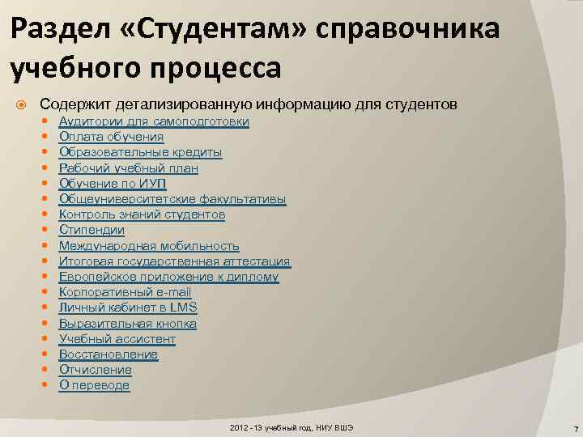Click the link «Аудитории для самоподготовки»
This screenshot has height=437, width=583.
click(154, 121)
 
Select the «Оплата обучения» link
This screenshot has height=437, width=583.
click(111, 137)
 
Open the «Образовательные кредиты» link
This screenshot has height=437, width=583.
click(140, 152)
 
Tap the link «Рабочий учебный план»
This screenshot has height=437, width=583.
click(128, 168)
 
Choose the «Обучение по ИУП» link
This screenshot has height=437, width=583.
click(113, 184)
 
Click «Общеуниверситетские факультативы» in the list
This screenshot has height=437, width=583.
click(172, 199)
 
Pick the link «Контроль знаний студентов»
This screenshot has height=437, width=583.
click(142, 214)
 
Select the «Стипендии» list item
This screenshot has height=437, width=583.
click(91, 230)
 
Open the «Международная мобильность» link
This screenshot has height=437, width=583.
click(149, 246)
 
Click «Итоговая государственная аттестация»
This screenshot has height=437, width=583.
click(174, 261)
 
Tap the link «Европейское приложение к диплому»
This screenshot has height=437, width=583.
click(168, 277)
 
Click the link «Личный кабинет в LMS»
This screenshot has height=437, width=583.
click(128, 308)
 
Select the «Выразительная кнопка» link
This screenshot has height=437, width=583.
click(128, 324)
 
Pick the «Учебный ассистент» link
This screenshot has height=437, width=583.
click(117, 339)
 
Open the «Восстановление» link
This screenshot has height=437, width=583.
click(109, 354)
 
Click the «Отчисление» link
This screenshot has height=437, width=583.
click(96, 370)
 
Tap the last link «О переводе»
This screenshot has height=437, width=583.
click(94, 385)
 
